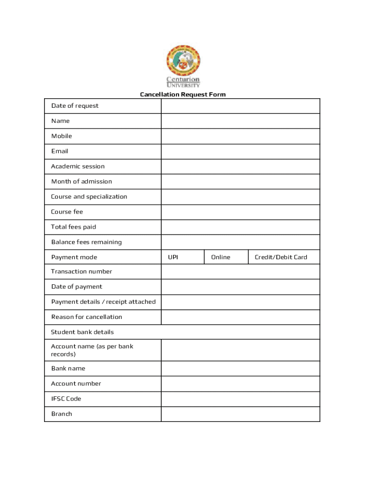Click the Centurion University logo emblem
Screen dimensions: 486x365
(x=183, y=61)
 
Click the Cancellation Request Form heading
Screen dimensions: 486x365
(x=182, y=94)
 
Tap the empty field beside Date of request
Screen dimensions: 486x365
(x=240, y=106)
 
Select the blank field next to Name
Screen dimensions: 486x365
(x=240, y=121)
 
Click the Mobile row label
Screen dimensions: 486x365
(x=62, y=136)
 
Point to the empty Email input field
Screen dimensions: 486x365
(x=240, y=151)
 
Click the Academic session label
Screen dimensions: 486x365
(x=78, y=167)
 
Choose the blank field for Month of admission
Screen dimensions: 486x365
(x=240, y=182)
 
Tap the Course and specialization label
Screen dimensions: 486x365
(x=89, y=197)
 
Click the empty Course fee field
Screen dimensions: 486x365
(x=240, y=212)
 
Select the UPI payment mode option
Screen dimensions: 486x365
(x=173, y=257)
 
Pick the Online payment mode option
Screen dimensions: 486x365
(x=220, y=257)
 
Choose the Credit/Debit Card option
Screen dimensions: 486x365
(x=281, y=257)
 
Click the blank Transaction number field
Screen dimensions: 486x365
(x=240, y=271)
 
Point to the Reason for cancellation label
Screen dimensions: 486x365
(x=87, y=317)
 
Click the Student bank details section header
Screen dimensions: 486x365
(x=82, y=332)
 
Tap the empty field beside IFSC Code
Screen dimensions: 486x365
(x=240, y=399)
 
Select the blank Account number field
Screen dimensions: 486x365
(x=240, y=383)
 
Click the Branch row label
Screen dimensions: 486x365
(x=62, y=414)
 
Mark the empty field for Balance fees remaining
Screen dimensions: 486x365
(x=240, y=242)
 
